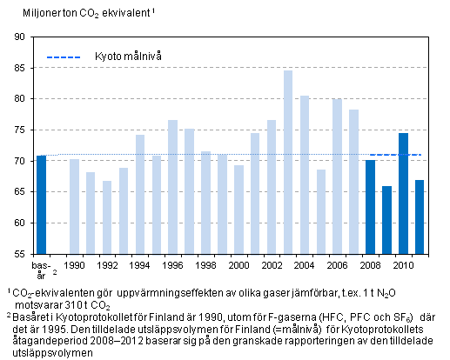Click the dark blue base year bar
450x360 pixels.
click(x=41, y=204)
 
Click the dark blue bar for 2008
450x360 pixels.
click(x=370, y=206)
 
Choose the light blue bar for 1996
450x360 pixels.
click(x=172, y=186)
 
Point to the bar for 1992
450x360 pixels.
click(x=107, y=217)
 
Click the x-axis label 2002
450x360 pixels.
click(x=272, y=264)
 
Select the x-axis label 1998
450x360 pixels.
click(x=205, y=264)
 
